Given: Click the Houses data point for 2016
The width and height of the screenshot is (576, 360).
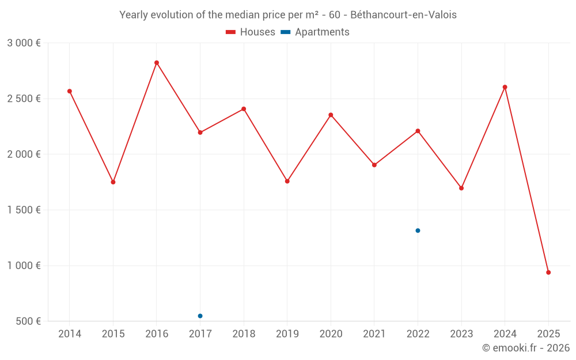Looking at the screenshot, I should pyautogui.click(x=157, y=63).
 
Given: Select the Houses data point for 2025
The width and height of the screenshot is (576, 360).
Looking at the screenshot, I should pyautogui.click(x=548, y=272).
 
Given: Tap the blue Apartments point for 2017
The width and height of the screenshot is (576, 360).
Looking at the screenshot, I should pyautogui.click(x=200, y=316).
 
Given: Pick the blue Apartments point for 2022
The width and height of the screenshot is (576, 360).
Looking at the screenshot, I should pyautogui.click(x=418, y=230).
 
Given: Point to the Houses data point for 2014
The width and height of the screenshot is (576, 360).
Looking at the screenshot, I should pyautogui.click(x=70, y=91).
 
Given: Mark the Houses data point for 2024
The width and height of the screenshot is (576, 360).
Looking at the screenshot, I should pyautogui.click(x=505, y=87).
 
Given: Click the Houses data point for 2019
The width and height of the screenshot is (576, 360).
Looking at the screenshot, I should pyautogui.click(x=287, y=181).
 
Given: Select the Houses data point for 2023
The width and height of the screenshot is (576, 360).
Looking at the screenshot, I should pyautogui.click(x=461, y=188).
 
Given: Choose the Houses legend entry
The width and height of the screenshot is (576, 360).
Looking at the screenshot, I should pyautogui.click(x=251, y=32).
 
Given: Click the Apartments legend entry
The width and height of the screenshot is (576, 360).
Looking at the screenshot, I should pyautogui.click(x=316, y=32).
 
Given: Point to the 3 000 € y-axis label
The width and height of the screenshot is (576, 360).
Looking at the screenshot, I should pyautogui.click(x=24, y=43).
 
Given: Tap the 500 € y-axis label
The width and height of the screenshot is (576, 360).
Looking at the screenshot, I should pyautogui.click(x=27, y=321).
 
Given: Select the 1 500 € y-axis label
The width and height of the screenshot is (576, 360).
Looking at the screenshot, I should pyautogui.click(x=24, y=210).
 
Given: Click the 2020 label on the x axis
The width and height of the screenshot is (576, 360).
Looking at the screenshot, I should pyautogui.click(x=331, y=334).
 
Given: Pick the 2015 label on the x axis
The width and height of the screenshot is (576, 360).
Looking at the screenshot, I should pyautogui.click(x=113, y=334).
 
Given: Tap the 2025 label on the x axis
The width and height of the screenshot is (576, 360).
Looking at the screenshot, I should pyautogui.click(x=548, y=334).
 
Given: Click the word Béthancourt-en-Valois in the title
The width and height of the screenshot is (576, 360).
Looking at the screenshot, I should pyautogui.click(x=403, y=15).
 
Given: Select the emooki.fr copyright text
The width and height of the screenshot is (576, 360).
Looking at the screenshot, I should pyautogui.click(x=526, y=348).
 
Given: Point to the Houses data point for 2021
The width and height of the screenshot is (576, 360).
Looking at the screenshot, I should pyautogui.click(x=374, y=165).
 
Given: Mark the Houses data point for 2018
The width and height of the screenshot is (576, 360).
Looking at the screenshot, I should pyautogui.click(x=244, y=109).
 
